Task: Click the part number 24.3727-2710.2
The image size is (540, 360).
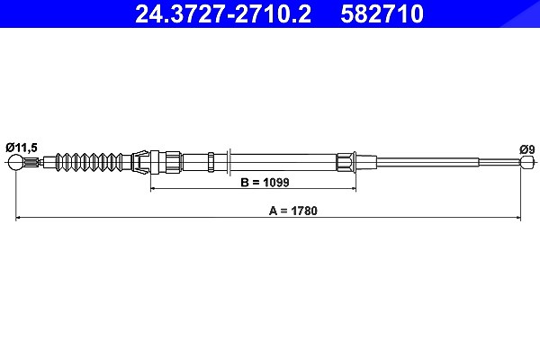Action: [223, 13]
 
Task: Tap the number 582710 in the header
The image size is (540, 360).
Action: [382, 13]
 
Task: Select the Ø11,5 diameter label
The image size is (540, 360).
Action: [22, 148]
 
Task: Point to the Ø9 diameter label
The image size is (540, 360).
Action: [527, 150]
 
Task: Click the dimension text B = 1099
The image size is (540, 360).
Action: [265, 182]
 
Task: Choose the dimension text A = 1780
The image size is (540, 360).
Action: [293, 211]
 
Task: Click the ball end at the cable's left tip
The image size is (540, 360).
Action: [16, 162]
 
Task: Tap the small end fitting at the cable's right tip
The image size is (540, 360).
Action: [527, 162]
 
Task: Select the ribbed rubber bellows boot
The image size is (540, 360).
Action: [89, 162]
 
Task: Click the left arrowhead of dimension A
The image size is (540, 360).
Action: [18, 218]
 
